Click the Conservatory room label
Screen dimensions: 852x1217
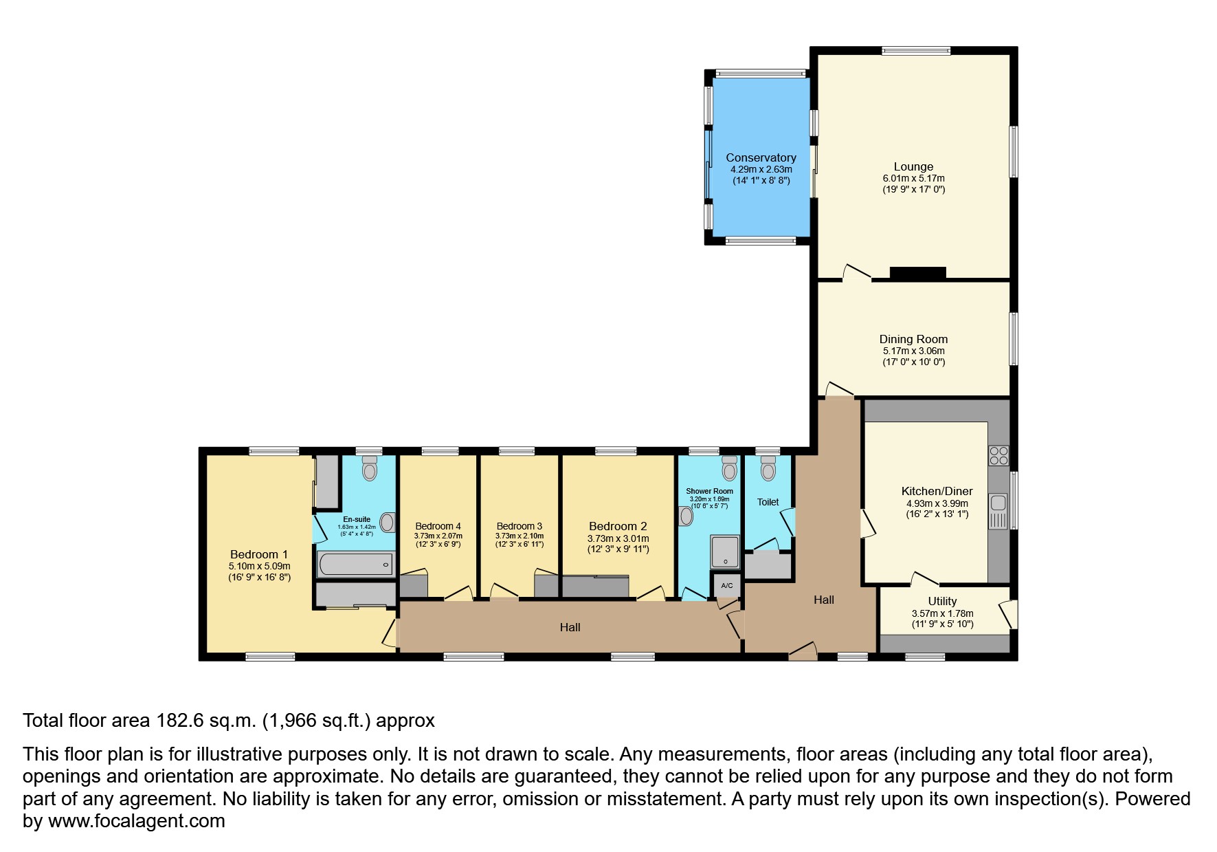click(x=761, y=157)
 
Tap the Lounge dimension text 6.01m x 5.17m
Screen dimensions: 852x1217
click(x=913, y=178)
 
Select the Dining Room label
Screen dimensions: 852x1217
click(x=913, y=339)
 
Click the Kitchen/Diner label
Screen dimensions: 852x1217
click(x=937, y=491)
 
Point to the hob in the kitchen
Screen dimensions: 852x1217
click(x=998, y=455)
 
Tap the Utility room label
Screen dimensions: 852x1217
click(x=942, y=601)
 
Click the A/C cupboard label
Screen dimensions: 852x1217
click(x=726, y=586)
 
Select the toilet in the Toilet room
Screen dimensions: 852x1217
click(x=768, y=468)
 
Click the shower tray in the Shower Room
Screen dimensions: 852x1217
click(x=725, y=551)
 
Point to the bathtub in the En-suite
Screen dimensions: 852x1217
click(x=355, y=565)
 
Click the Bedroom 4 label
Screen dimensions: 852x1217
click(x=438, y=526)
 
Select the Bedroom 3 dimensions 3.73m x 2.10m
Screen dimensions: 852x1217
click(x=519, y=536)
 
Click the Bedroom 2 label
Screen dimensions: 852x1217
click(x=618, y=526)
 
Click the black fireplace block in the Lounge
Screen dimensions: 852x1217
click(x=917, y=273)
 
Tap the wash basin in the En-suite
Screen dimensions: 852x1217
click(x=388, y=522)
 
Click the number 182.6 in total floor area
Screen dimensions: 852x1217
click(x=179, y=721)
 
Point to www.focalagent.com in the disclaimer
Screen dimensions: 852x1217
click(x=136, y=821)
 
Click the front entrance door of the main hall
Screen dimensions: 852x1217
click(x=803, y=653)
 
